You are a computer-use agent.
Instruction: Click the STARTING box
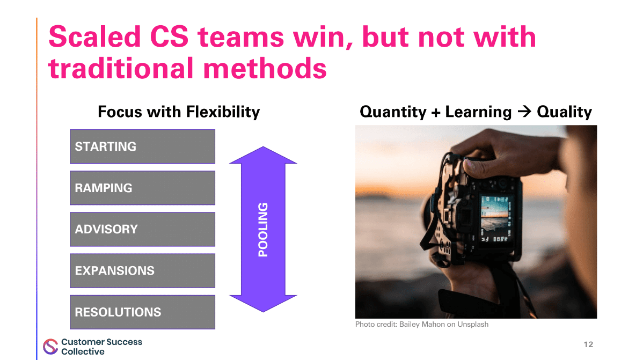(142, 146)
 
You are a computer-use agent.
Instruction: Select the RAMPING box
(142, 188)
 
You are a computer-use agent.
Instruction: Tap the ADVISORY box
(142, 229)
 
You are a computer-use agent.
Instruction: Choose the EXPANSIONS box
(142, 270)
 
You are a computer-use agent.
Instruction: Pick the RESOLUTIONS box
(142, 312)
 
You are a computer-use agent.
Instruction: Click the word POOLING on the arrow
(263, 230)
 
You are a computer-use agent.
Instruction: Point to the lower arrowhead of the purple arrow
(263, 304)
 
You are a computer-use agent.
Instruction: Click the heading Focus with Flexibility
(178, 112)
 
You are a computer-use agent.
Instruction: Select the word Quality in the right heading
(564, 112)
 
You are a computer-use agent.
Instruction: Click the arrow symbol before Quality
(524, 112)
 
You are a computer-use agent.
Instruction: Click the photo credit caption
(421, 324)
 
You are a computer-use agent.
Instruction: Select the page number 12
(588, 344)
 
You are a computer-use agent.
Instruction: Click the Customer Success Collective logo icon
(50, 347)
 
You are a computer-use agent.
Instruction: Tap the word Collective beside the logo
(83, 352)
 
